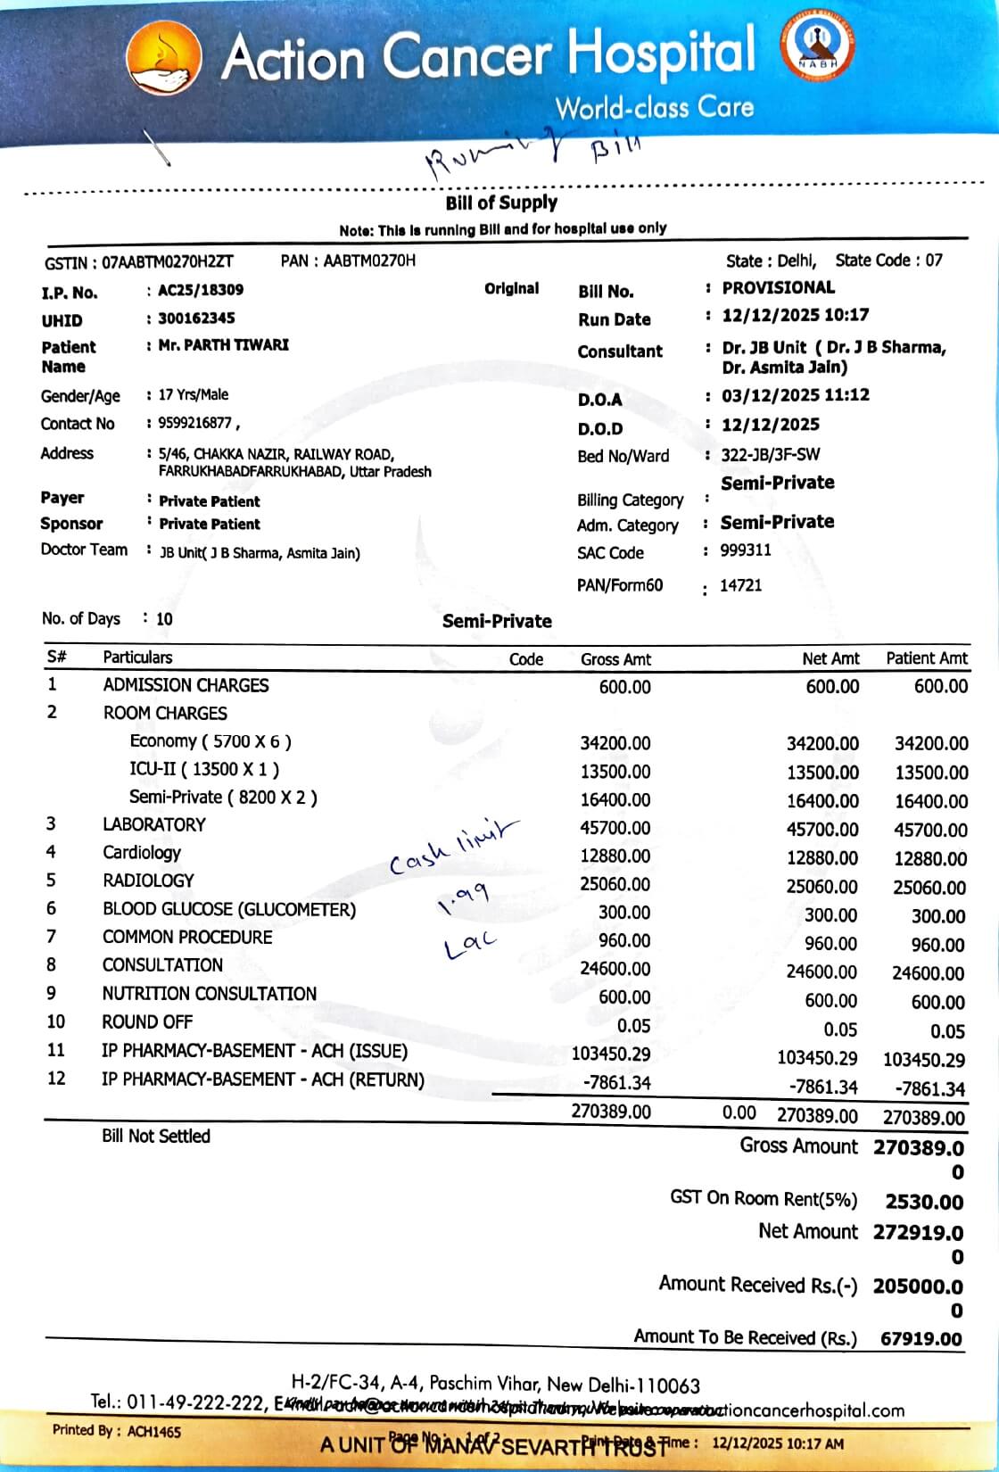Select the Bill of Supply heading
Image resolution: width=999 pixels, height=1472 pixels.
pos(501,203)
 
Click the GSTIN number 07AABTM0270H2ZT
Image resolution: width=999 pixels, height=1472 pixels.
pos(168,262)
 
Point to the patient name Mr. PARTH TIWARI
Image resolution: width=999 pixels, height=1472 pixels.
pos(223,344)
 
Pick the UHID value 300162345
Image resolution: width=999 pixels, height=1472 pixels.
pos(196,318)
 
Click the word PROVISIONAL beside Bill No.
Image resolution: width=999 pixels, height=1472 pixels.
pos(778,287)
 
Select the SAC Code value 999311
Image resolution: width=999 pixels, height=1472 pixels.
pos(746,550)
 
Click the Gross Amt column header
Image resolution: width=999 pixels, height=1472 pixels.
pos(615,659)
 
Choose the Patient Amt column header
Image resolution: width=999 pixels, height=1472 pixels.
pos(926,658)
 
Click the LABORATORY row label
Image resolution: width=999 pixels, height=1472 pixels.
pos(153,824)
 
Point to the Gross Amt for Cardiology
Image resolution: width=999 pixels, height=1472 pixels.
pos(615,856)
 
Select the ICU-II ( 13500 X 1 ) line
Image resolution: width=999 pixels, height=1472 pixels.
pos(204,769)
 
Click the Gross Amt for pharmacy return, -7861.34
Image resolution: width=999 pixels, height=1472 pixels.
pos(616,1082)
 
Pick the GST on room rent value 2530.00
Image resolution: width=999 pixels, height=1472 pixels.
pos(924,1202)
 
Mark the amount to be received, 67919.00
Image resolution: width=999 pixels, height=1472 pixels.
pos(921,1339)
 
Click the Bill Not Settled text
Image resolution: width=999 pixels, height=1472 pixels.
pos(156,1136)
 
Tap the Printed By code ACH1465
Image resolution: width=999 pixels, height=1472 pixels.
pos(153,1431)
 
